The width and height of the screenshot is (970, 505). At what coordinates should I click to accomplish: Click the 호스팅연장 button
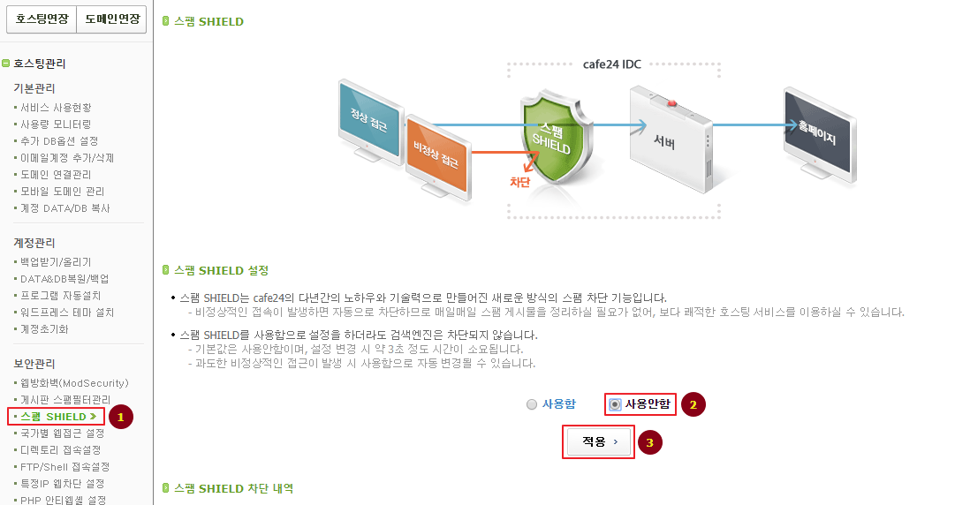pos(41,19)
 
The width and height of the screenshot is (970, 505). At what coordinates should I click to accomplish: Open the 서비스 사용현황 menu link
pos(56,108)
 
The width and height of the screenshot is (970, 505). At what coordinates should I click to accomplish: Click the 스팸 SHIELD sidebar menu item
pos(56,416)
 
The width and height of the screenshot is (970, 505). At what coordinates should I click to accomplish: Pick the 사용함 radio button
pos(532,404)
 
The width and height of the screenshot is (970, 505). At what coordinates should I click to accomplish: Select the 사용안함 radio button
pos(616,404)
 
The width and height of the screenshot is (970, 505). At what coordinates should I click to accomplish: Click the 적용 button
pos(599,441)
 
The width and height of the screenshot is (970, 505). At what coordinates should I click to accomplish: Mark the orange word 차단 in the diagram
pos(519,182)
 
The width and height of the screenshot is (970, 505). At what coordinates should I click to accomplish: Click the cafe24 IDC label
pos(612,64)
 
